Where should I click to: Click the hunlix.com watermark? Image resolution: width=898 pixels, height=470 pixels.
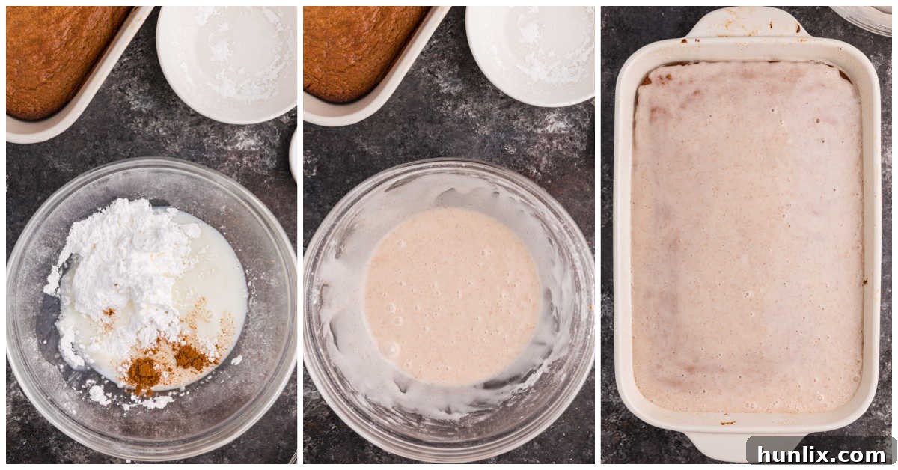(x=821, y=454)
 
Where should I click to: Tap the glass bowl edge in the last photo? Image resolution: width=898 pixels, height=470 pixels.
(x=868, y=18)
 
